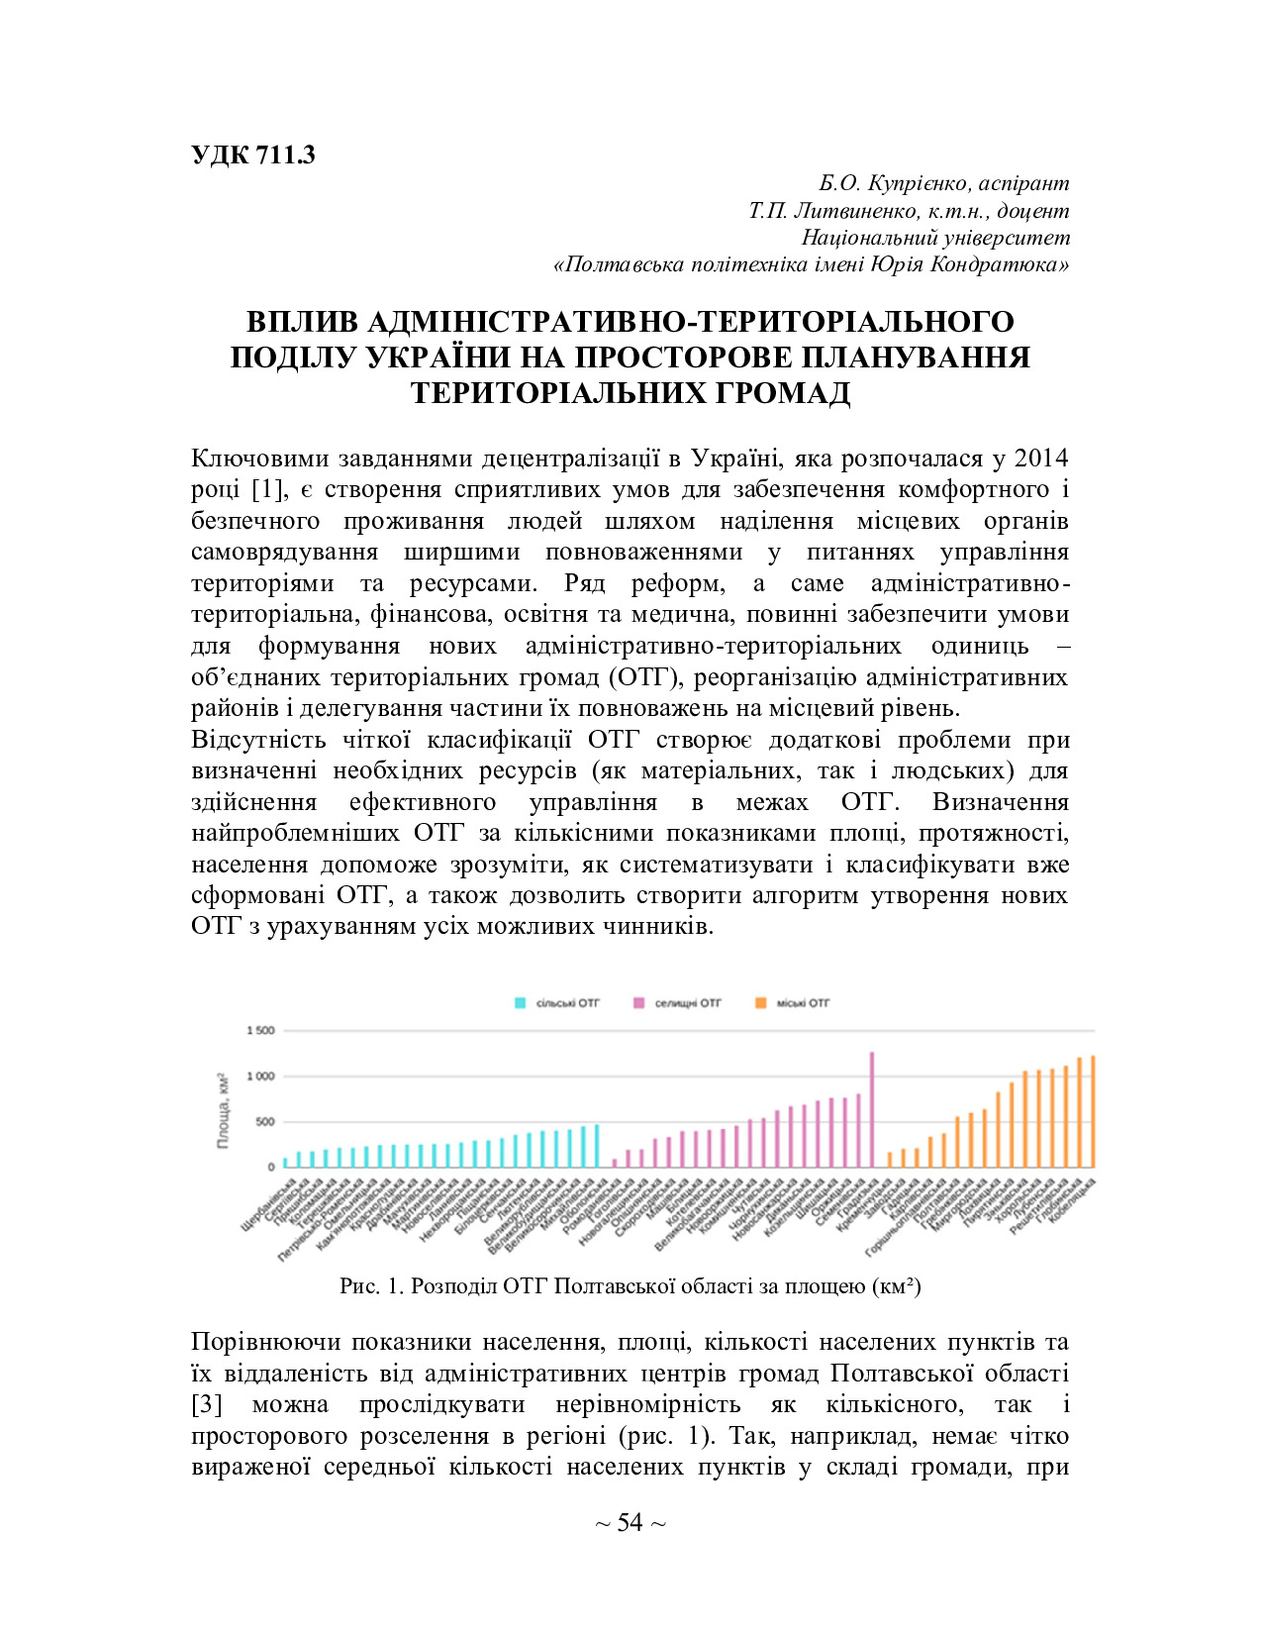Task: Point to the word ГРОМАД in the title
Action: [772, 393]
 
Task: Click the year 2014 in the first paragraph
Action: [1041, 459]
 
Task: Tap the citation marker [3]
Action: [207, 1405]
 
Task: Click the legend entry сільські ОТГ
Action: [567, 1003]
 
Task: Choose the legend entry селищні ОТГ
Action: [688, 1003]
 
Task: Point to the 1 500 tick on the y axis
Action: [260, 1031]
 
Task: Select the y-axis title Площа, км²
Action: [223, 1109]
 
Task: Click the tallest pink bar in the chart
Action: [872, 1109]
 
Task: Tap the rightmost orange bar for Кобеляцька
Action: [1093, 1111]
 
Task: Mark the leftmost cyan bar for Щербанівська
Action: [285, 1163]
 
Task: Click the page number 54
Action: [631, 1523]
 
